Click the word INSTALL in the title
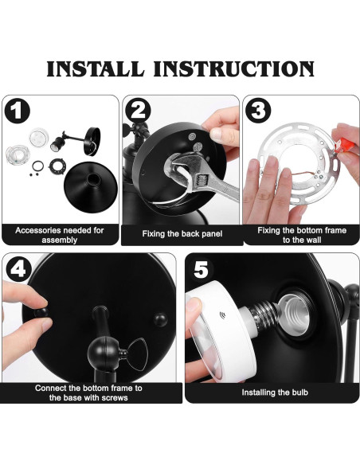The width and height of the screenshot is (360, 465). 96,68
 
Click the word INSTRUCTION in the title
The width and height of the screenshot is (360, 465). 233,68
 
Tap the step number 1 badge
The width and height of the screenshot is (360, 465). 18,111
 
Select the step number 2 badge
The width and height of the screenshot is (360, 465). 138,110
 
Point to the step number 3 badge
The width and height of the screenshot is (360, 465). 258,110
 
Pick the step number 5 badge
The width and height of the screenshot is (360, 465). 201,269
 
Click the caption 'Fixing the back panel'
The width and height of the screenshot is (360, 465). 182,233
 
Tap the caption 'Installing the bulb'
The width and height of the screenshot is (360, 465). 275,393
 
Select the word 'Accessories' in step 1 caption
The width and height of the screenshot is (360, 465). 37,230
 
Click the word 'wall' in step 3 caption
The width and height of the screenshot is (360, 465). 314,240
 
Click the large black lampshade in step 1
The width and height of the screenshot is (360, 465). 91,186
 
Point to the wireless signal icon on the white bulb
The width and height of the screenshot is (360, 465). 222,315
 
